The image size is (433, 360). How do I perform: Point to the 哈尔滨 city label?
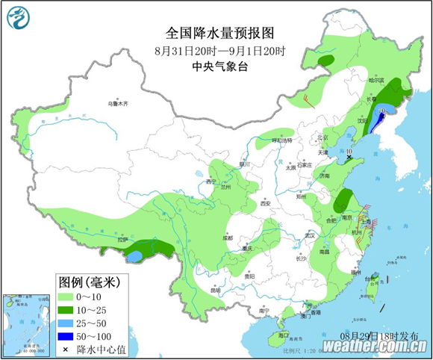376,80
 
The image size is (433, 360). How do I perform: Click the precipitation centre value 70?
382,110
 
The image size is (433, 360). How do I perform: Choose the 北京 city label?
323,137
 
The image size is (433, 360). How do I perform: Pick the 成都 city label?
216,238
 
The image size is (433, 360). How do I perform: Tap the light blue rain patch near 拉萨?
135,256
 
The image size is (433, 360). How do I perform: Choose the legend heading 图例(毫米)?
90,282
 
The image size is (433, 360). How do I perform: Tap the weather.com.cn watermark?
376,346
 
